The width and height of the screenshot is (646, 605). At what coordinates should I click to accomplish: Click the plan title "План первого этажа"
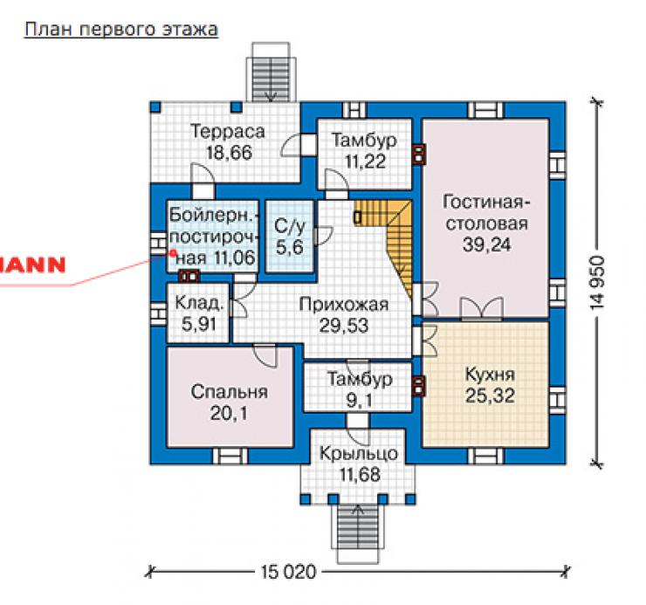121,30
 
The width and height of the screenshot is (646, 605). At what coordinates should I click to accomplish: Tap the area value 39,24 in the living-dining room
486,244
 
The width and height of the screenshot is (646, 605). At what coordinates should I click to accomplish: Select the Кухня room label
490,375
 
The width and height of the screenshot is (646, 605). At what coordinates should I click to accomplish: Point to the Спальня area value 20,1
229,413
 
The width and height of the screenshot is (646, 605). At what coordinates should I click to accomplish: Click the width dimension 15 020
288,572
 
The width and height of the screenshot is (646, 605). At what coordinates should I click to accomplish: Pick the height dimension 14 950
597,283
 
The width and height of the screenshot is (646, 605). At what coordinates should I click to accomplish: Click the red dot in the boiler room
173,252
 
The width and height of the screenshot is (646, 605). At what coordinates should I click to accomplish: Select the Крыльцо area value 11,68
360,474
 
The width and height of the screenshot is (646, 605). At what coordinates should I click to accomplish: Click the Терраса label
228,132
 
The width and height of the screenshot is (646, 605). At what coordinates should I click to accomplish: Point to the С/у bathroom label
290,226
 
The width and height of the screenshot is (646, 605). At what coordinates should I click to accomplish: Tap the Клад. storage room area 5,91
199,325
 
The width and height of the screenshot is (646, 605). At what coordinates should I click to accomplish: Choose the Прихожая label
344,305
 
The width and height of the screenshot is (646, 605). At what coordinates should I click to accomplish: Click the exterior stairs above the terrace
271,72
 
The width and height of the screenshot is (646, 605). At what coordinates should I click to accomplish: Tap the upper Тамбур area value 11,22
365,162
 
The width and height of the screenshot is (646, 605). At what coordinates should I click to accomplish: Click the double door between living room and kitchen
482,308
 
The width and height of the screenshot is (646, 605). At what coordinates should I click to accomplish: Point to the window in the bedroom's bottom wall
230,457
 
